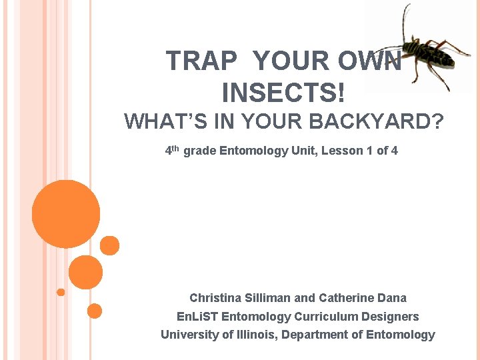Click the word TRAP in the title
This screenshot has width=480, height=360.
coord(201,61)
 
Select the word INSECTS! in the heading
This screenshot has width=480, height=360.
coord(284,92)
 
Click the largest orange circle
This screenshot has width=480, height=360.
coord(66,213)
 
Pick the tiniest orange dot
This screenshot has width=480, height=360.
coord(61,292)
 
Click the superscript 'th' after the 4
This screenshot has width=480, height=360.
coord(176,148)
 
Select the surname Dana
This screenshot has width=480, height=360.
coord(392,298)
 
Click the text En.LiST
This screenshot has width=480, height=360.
coord(197,317)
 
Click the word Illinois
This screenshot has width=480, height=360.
coord(255,335)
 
